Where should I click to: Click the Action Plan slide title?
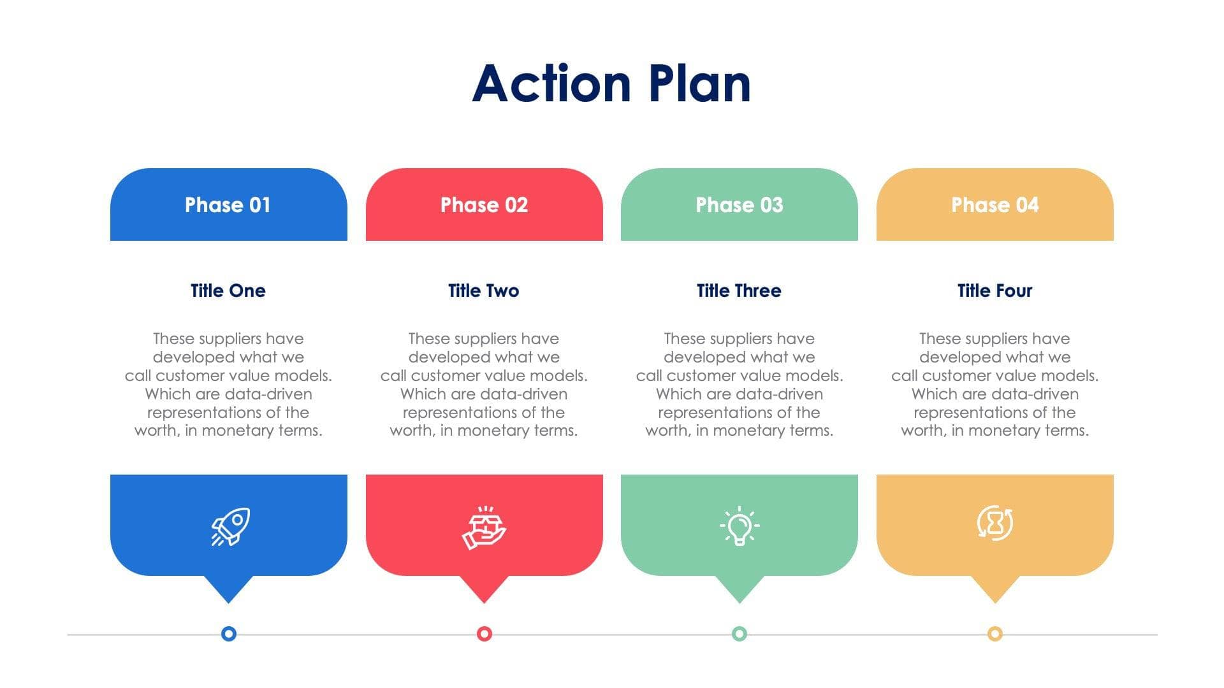coord(611,83)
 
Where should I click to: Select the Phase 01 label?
coord(228,204)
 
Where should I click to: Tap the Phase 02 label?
coord(484,204)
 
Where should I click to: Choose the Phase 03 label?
coord(739,204)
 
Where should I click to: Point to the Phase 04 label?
coord(994,204)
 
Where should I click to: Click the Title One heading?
coord(228,290)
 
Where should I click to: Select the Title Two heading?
coord(483,290)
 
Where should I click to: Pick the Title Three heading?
coord(739,290)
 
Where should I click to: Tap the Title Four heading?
coord(994,290)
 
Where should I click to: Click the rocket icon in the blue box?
coord(230,526)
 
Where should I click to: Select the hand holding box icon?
coord(484,527)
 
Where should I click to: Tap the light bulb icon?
coord(739,526)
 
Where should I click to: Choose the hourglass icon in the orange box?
coord(994,523)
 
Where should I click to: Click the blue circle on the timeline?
coord(229,634)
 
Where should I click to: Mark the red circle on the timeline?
coord(484,634)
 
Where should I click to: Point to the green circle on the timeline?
coord(739,634)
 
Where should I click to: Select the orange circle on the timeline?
coord(995,634)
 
